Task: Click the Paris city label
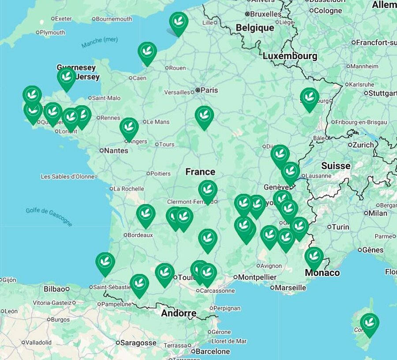point(209,90)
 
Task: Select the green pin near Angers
point(129,127)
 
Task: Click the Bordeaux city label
point(140,235)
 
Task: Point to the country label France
point(200,172)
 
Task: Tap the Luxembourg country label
point(290,56)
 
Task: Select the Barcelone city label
point(213,351)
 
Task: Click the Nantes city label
point(116,150)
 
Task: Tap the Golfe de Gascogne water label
point(49,216)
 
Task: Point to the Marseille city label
point(290,287)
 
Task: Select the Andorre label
point(179,313)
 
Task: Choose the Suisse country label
point(336,166)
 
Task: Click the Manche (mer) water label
point(100,42)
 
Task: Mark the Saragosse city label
point(139,342)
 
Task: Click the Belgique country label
point(255,28)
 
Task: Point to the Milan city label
point(378,213)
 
